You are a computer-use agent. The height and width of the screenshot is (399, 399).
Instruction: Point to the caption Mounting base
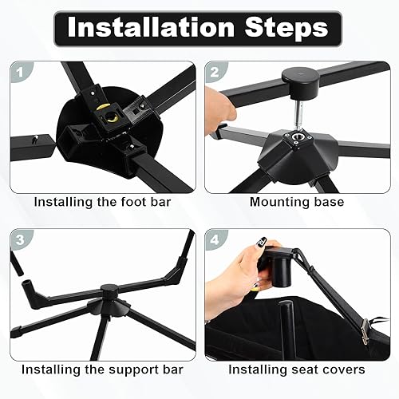(297, 202)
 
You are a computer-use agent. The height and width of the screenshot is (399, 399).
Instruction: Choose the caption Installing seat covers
(297, 370)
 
